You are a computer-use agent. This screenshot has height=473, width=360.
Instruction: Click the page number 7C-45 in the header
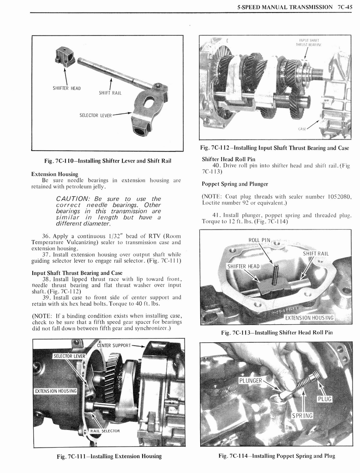(344, 7)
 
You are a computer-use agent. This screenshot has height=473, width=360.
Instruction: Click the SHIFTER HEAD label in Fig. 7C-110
(67, 88)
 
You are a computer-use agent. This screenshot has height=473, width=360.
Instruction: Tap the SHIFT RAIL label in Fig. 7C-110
(110, 93)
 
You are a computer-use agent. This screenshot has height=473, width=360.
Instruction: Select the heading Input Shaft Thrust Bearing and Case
(77, 273)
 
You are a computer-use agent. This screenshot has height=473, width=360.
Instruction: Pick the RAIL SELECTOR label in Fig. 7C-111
(105, 431)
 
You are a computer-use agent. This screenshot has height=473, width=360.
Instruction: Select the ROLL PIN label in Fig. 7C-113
(259, 240)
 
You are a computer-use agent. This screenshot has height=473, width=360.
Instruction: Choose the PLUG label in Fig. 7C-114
(324, 399)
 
